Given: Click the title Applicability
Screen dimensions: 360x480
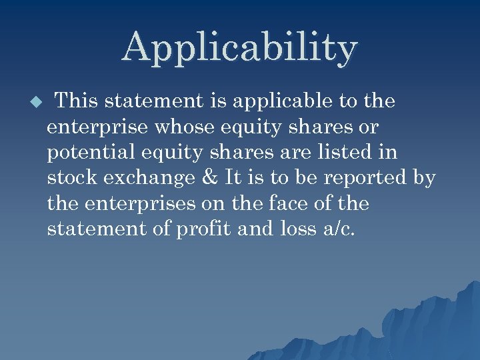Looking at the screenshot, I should coord(240,48).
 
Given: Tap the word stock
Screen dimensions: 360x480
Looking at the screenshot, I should coord(70,178).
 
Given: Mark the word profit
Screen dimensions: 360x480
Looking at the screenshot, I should coord(201,229).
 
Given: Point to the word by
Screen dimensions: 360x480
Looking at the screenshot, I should coord(424,178).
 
